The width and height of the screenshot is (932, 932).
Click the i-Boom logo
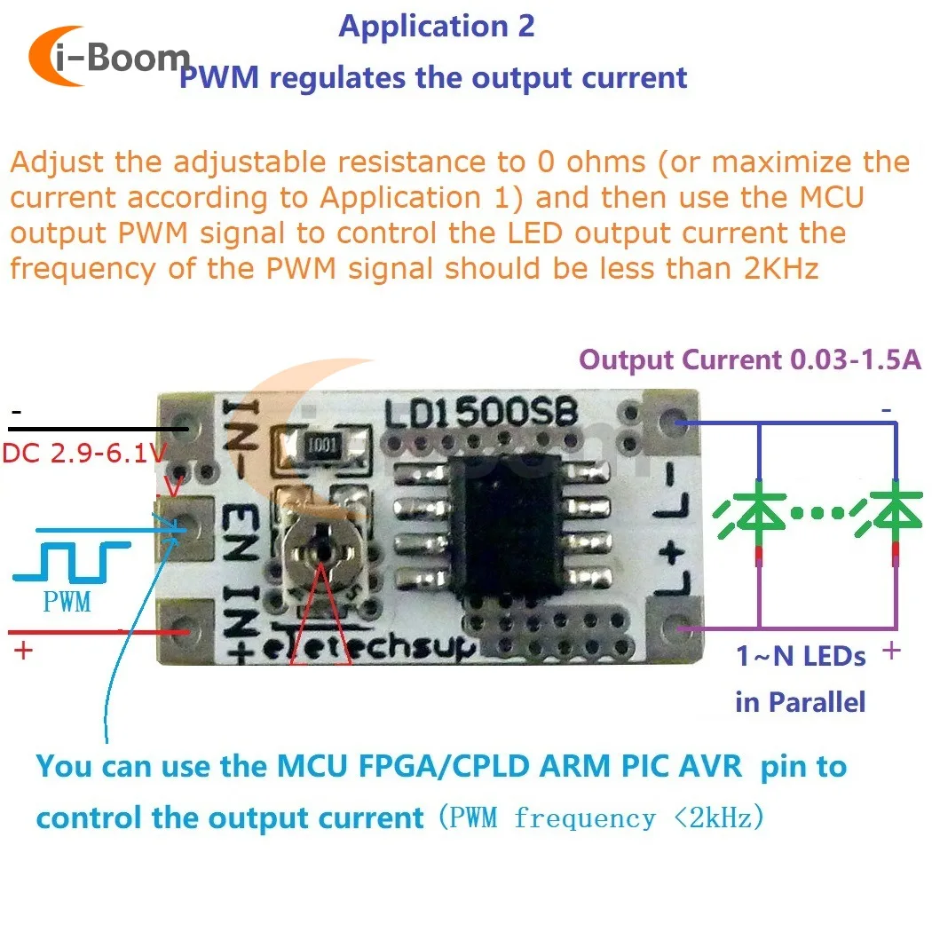click(x=108, y=58)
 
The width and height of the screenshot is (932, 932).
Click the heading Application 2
click(x=437, y=26)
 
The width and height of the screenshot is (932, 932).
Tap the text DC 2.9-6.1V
click(x=84, y=454)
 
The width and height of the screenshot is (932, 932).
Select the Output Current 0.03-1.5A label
click(x=750, y=360)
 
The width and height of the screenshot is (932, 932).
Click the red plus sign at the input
click(x=23, y=651)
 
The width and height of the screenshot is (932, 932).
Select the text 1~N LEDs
click(x=800, y=657)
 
